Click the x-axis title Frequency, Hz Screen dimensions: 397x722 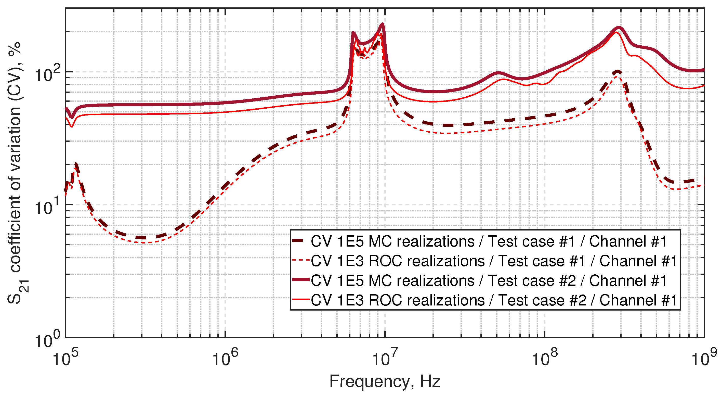385,382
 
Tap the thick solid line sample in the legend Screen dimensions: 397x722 301,280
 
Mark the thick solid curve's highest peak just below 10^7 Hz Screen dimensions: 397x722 382,24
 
